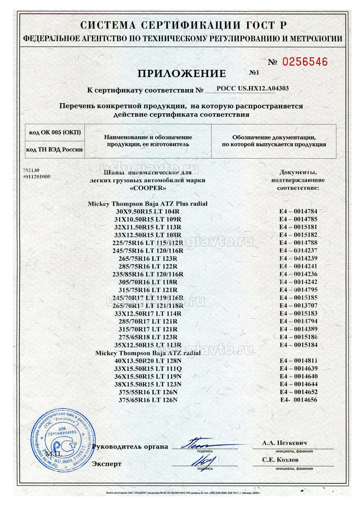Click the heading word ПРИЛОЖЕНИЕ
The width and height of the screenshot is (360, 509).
click(182, 73)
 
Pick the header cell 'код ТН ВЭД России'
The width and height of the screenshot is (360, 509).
click(55, 149)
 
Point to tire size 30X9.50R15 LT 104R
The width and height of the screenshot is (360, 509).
click(148, 211)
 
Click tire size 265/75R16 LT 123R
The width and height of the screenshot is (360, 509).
click(148, 259)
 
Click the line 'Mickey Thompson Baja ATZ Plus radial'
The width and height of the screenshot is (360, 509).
click(148, 204)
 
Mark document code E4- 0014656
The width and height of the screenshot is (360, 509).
click(298, 400)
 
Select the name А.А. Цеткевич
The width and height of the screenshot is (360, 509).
click(284, 443)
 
